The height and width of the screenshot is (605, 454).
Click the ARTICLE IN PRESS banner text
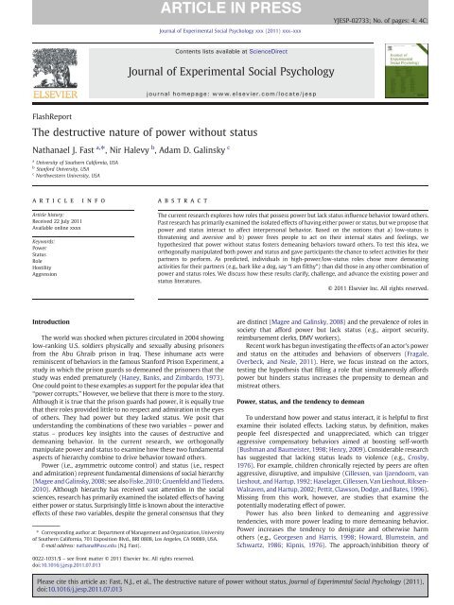point(224,9)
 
